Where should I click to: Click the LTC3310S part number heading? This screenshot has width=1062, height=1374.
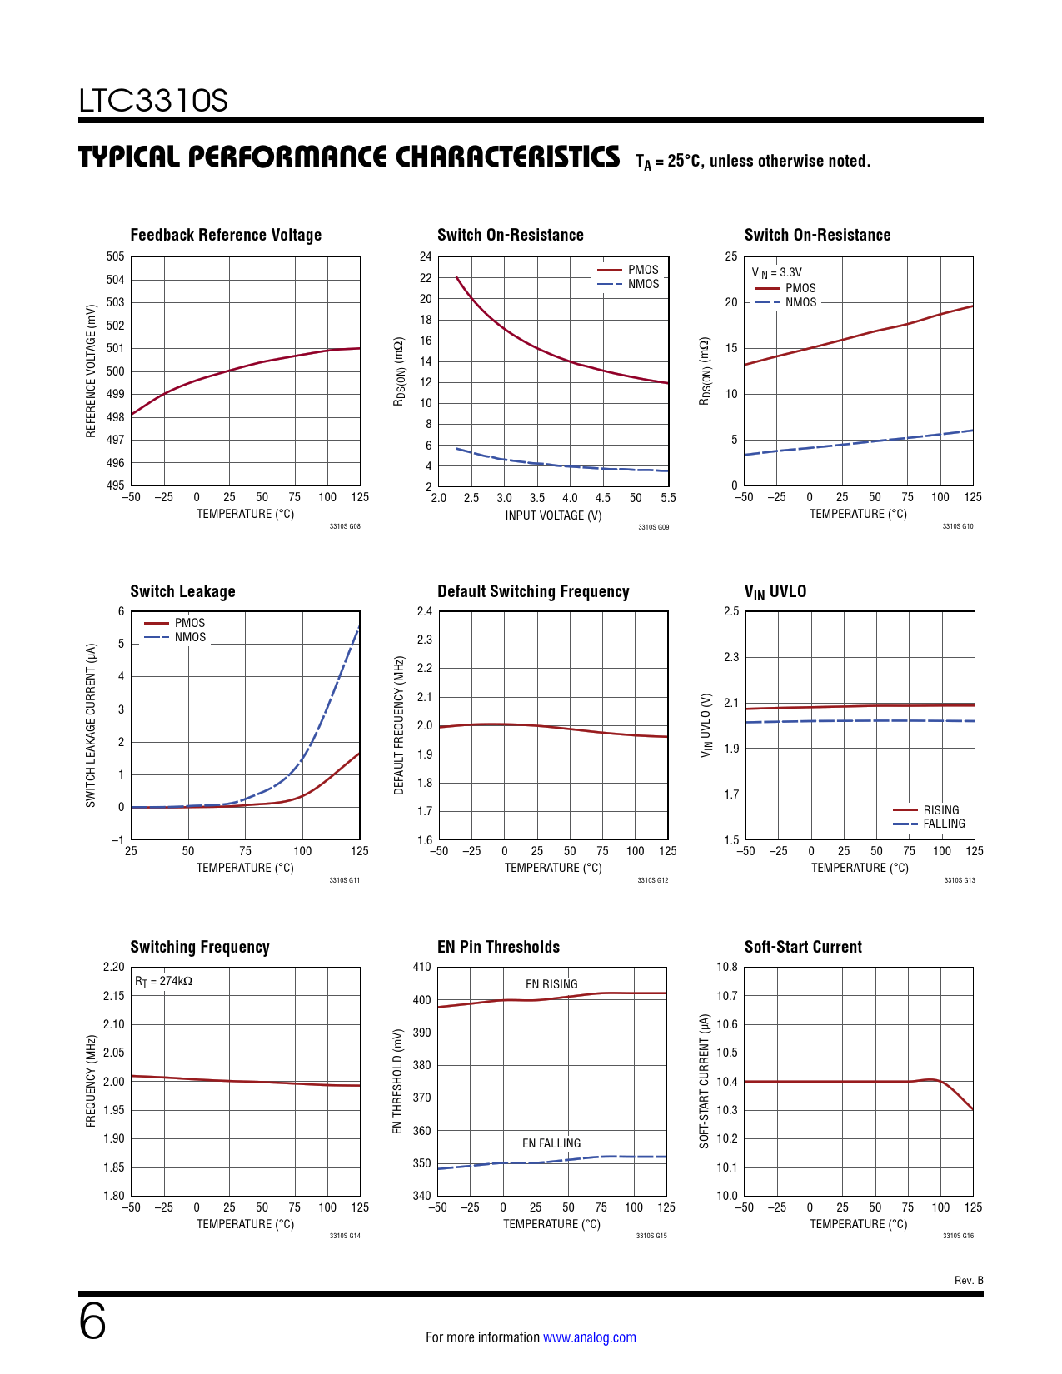click(153, 101)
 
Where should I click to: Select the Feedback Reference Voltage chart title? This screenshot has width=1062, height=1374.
click(226, 235)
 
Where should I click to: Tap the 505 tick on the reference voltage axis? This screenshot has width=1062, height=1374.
click(115, 256)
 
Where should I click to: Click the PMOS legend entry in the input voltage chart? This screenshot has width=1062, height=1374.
click(642, 270)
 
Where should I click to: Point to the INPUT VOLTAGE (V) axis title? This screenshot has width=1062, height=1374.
click(553, 515)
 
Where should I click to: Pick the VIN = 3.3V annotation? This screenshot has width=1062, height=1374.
click(776, 272)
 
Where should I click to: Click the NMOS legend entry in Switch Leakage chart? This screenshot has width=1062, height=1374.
click(190, 637)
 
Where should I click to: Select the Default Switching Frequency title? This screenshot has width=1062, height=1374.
click(533, 591)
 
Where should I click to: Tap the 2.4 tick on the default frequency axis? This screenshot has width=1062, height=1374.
click(425, 611)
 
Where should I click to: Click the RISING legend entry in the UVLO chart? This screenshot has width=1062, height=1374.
click(940, 810)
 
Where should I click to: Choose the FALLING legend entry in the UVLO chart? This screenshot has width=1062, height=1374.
click(944, 824)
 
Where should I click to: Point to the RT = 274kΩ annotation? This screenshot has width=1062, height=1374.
click(164, 981)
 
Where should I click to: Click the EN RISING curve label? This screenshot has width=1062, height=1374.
click(551, 984)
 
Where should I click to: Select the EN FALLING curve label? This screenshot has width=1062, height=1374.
click(551, 1143)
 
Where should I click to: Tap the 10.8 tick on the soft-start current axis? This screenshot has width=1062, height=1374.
click(727, 967)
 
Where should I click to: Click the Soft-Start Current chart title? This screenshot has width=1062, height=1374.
click(803, 947)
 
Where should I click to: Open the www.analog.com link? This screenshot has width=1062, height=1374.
click(589, 1337)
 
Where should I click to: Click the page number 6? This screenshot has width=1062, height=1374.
click(92, 1322)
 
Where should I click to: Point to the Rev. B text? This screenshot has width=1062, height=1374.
click(969, 1280)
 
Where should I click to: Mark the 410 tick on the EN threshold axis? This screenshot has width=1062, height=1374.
click(421, 967)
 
